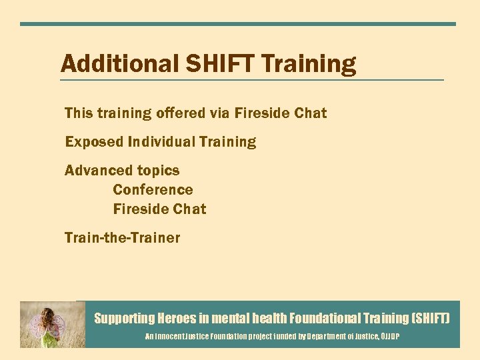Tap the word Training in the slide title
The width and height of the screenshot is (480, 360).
[309, 65]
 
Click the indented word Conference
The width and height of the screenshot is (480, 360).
[153, 190]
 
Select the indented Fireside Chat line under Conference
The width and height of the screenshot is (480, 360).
[159, 209]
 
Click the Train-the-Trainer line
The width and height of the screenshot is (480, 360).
[122, 238]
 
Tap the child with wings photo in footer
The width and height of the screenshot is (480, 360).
[52, 325]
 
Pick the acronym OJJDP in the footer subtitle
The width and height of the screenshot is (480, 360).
[389, 337]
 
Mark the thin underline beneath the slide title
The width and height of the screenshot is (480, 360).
[251, 80]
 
